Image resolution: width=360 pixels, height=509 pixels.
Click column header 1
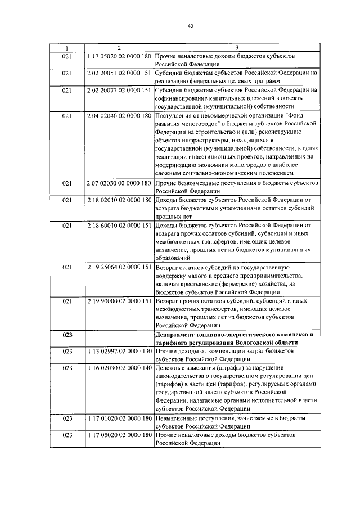[67, 48]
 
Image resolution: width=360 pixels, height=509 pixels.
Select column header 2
[119, 48]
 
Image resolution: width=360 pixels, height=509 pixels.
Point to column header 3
[237, 48]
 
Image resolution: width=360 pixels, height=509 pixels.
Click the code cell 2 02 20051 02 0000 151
[119, 73]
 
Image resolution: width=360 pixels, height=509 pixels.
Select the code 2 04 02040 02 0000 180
[119, 115]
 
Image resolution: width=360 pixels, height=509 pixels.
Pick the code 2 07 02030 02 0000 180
[119, 183]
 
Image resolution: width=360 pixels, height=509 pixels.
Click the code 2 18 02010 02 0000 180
[119, 200]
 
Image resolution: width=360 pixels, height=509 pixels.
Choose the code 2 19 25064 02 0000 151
[119, 267]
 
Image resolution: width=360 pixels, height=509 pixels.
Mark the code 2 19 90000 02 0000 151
[119, 301]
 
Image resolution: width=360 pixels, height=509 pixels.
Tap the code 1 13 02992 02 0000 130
[119, 351]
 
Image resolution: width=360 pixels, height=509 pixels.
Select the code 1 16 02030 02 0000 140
[119, 368]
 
